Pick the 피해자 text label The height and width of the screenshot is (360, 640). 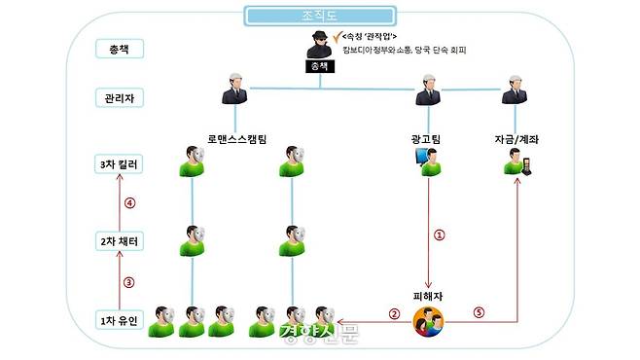pos(428,293)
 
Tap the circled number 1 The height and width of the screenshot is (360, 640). pos(439,234)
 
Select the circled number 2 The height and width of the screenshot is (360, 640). pos(394,313)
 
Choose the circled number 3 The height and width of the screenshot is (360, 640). pos(127,282)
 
